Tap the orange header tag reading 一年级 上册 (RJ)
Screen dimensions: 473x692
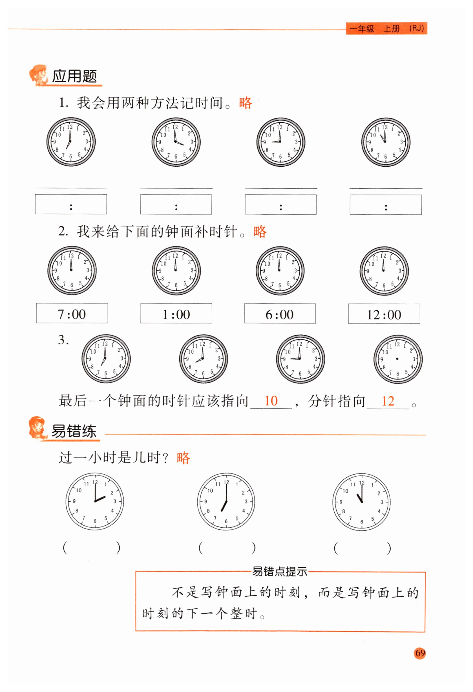pos(386,28)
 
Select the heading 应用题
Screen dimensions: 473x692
pos(74,76)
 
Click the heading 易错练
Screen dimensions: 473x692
pos(74,431)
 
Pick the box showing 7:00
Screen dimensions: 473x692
pos(72,313)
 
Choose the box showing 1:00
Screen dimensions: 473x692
pos(176,313)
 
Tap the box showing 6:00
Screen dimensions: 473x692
pos(280,314)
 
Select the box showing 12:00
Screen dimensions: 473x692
pos(384,314)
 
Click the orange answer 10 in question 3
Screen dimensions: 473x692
pos(271,401)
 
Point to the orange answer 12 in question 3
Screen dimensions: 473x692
pos(388,401)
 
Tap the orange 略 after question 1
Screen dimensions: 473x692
pos(246,103)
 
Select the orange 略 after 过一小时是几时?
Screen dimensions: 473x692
pos(183,458)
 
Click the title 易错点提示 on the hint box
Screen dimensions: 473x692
pos(280,571)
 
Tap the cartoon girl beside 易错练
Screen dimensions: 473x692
pos(38,428)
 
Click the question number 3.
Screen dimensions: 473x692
pos(63,340)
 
